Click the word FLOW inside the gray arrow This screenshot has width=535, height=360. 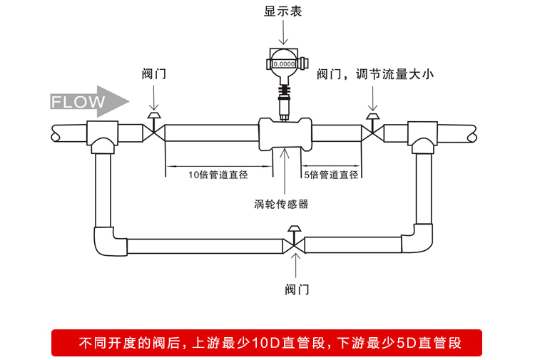[78, 101]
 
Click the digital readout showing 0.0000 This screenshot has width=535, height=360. [283, 64]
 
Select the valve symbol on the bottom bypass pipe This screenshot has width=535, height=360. [293, 245]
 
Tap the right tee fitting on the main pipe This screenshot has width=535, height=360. [423, 135]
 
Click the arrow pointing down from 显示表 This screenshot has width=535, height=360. [283, 32]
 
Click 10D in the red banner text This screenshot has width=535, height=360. [267, 343]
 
